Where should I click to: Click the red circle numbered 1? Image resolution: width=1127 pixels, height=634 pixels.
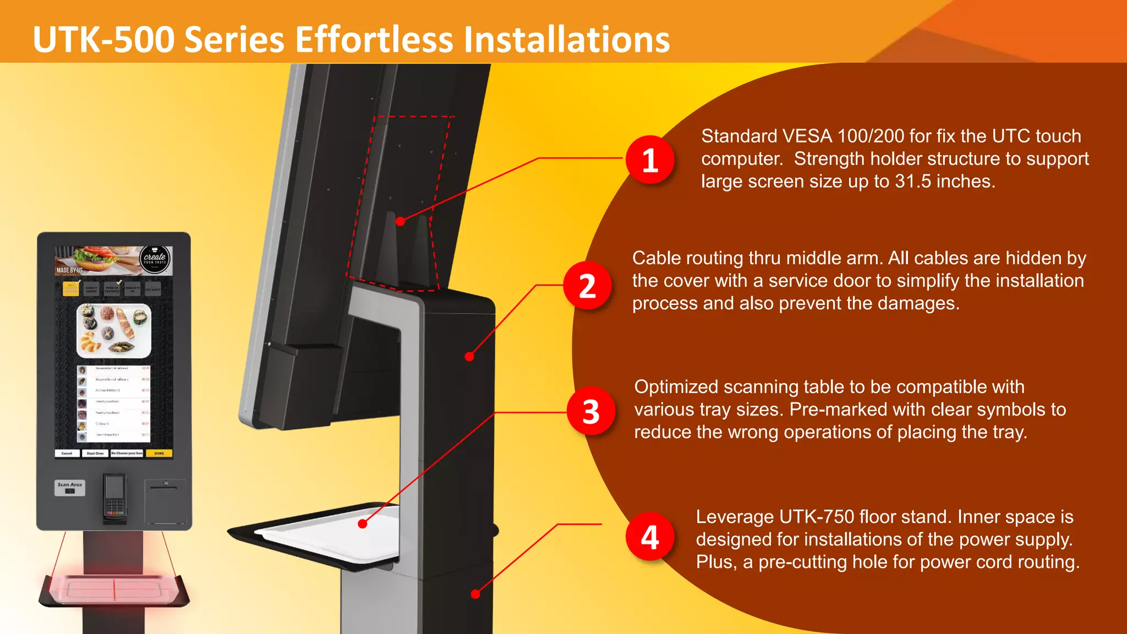click(650, 160)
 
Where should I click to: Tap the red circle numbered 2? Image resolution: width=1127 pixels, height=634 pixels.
click(587, 286)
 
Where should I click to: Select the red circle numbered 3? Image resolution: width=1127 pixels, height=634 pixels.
click(591, 412)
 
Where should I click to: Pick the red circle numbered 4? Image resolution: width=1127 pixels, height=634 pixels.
click(650, 537)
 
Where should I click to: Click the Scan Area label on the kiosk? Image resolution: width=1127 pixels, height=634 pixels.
click(70, 485)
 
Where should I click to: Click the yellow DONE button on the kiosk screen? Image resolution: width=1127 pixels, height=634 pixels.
click(159, 453)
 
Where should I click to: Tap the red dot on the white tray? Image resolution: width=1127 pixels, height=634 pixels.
click(362, 524)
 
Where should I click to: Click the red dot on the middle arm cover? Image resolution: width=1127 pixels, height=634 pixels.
click(469, 357)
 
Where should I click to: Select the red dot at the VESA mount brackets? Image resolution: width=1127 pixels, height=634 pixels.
click(401, 221)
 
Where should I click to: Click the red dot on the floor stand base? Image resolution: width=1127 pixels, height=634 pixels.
click(475, 594)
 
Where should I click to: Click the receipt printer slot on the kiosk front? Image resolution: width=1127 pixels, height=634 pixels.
click(166, 488)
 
